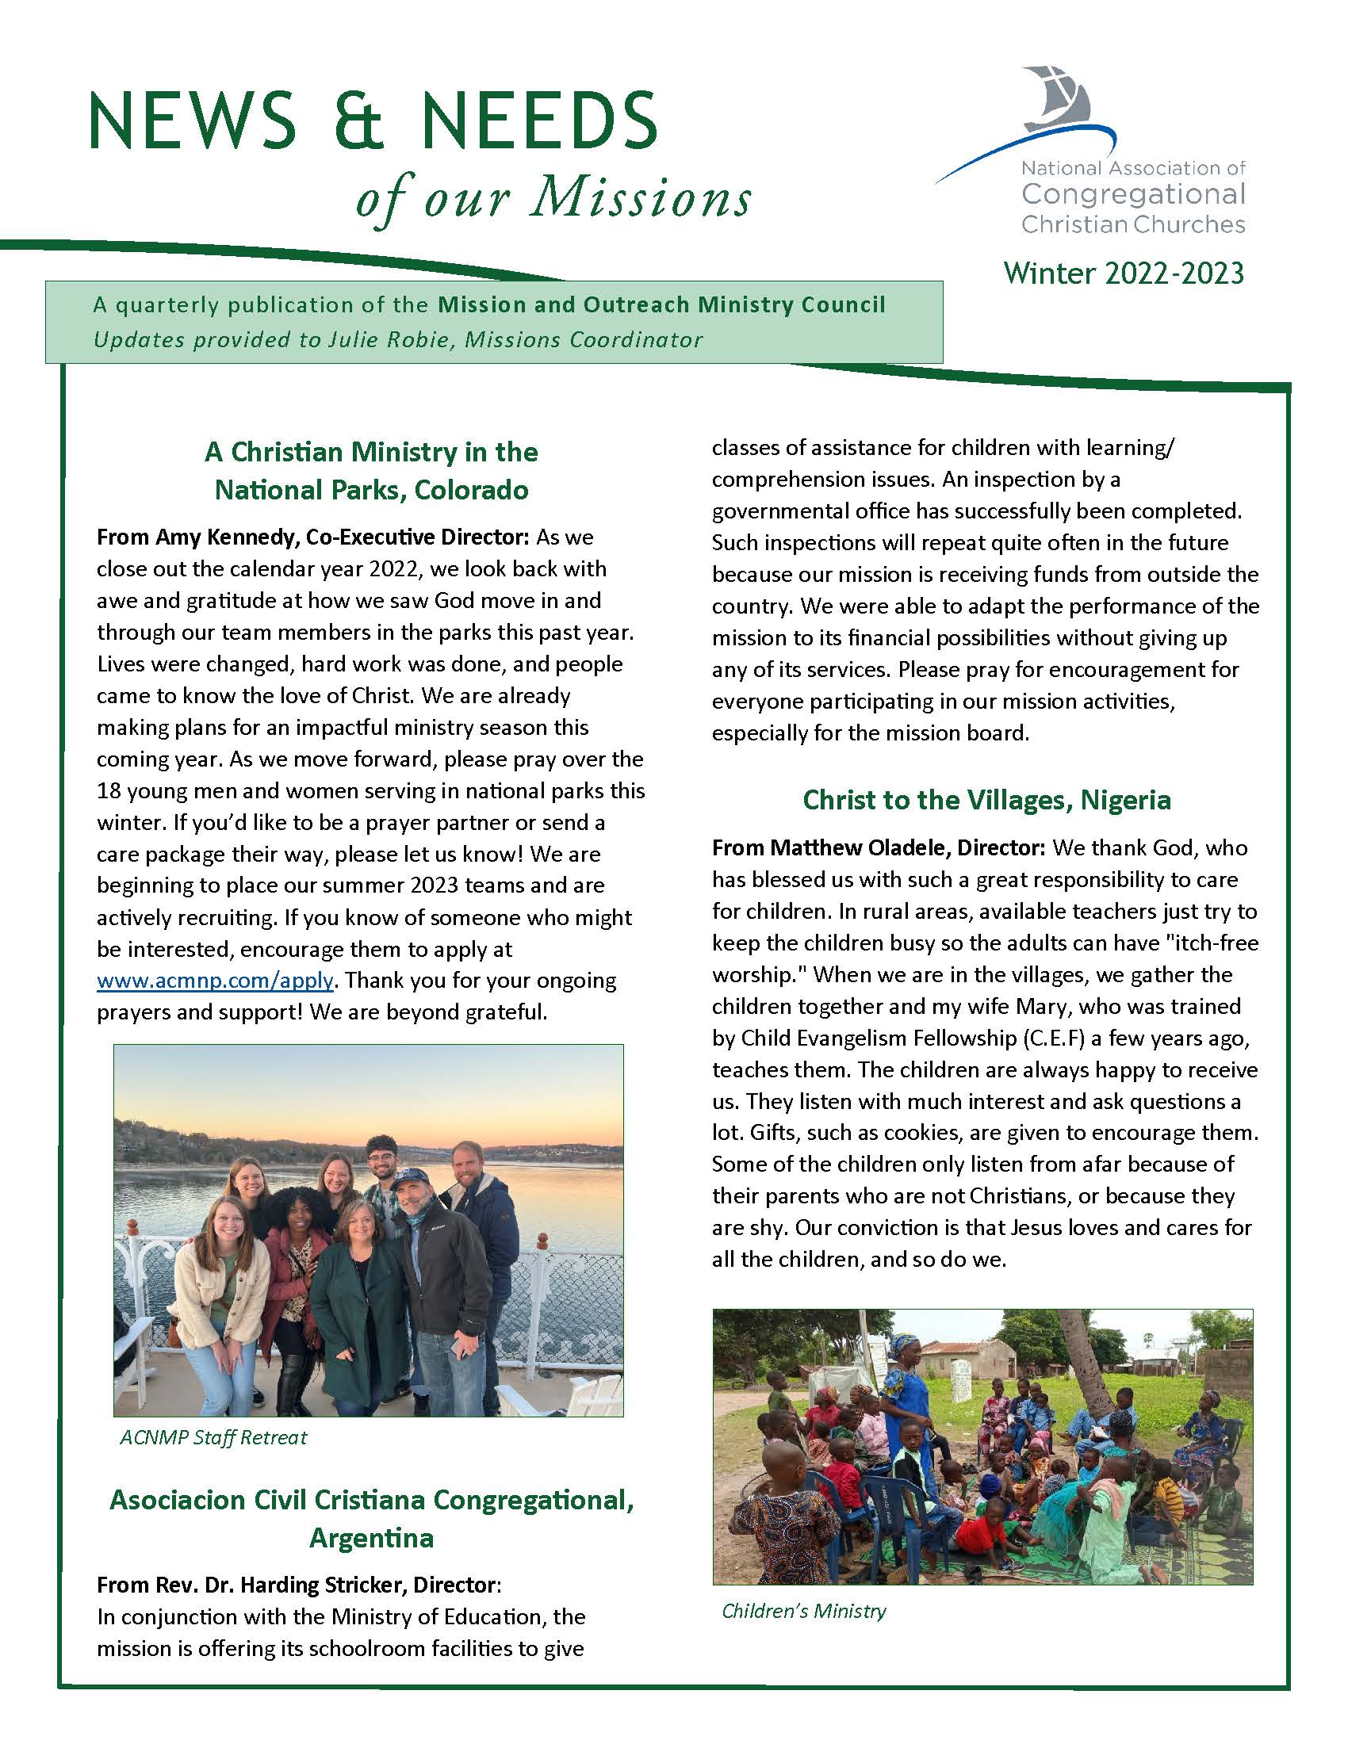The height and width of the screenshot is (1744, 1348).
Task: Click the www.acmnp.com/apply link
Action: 215,981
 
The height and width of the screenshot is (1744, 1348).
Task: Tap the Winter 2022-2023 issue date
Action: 1124,274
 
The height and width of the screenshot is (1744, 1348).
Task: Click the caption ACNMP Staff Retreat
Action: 213,1437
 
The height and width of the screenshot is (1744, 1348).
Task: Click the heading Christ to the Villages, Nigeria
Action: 986,799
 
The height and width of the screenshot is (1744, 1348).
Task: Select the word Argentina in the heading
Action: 371,1537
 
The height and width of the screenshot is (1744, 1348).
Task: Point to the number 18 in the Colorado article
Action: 109,790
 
